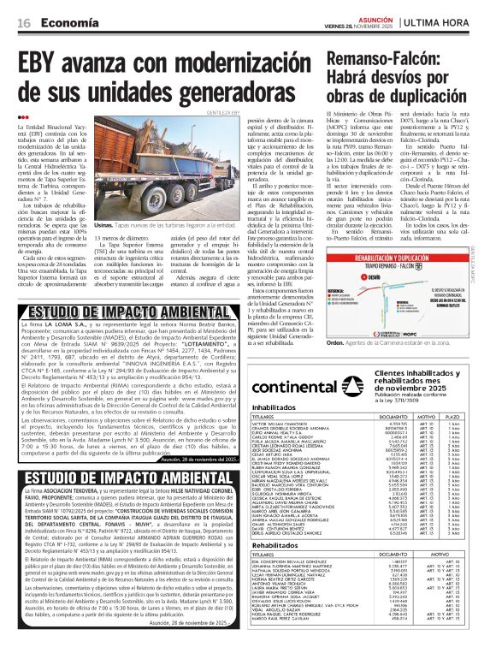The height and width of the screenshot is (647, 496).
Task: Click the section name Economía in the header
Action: (x=68, y=21)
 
